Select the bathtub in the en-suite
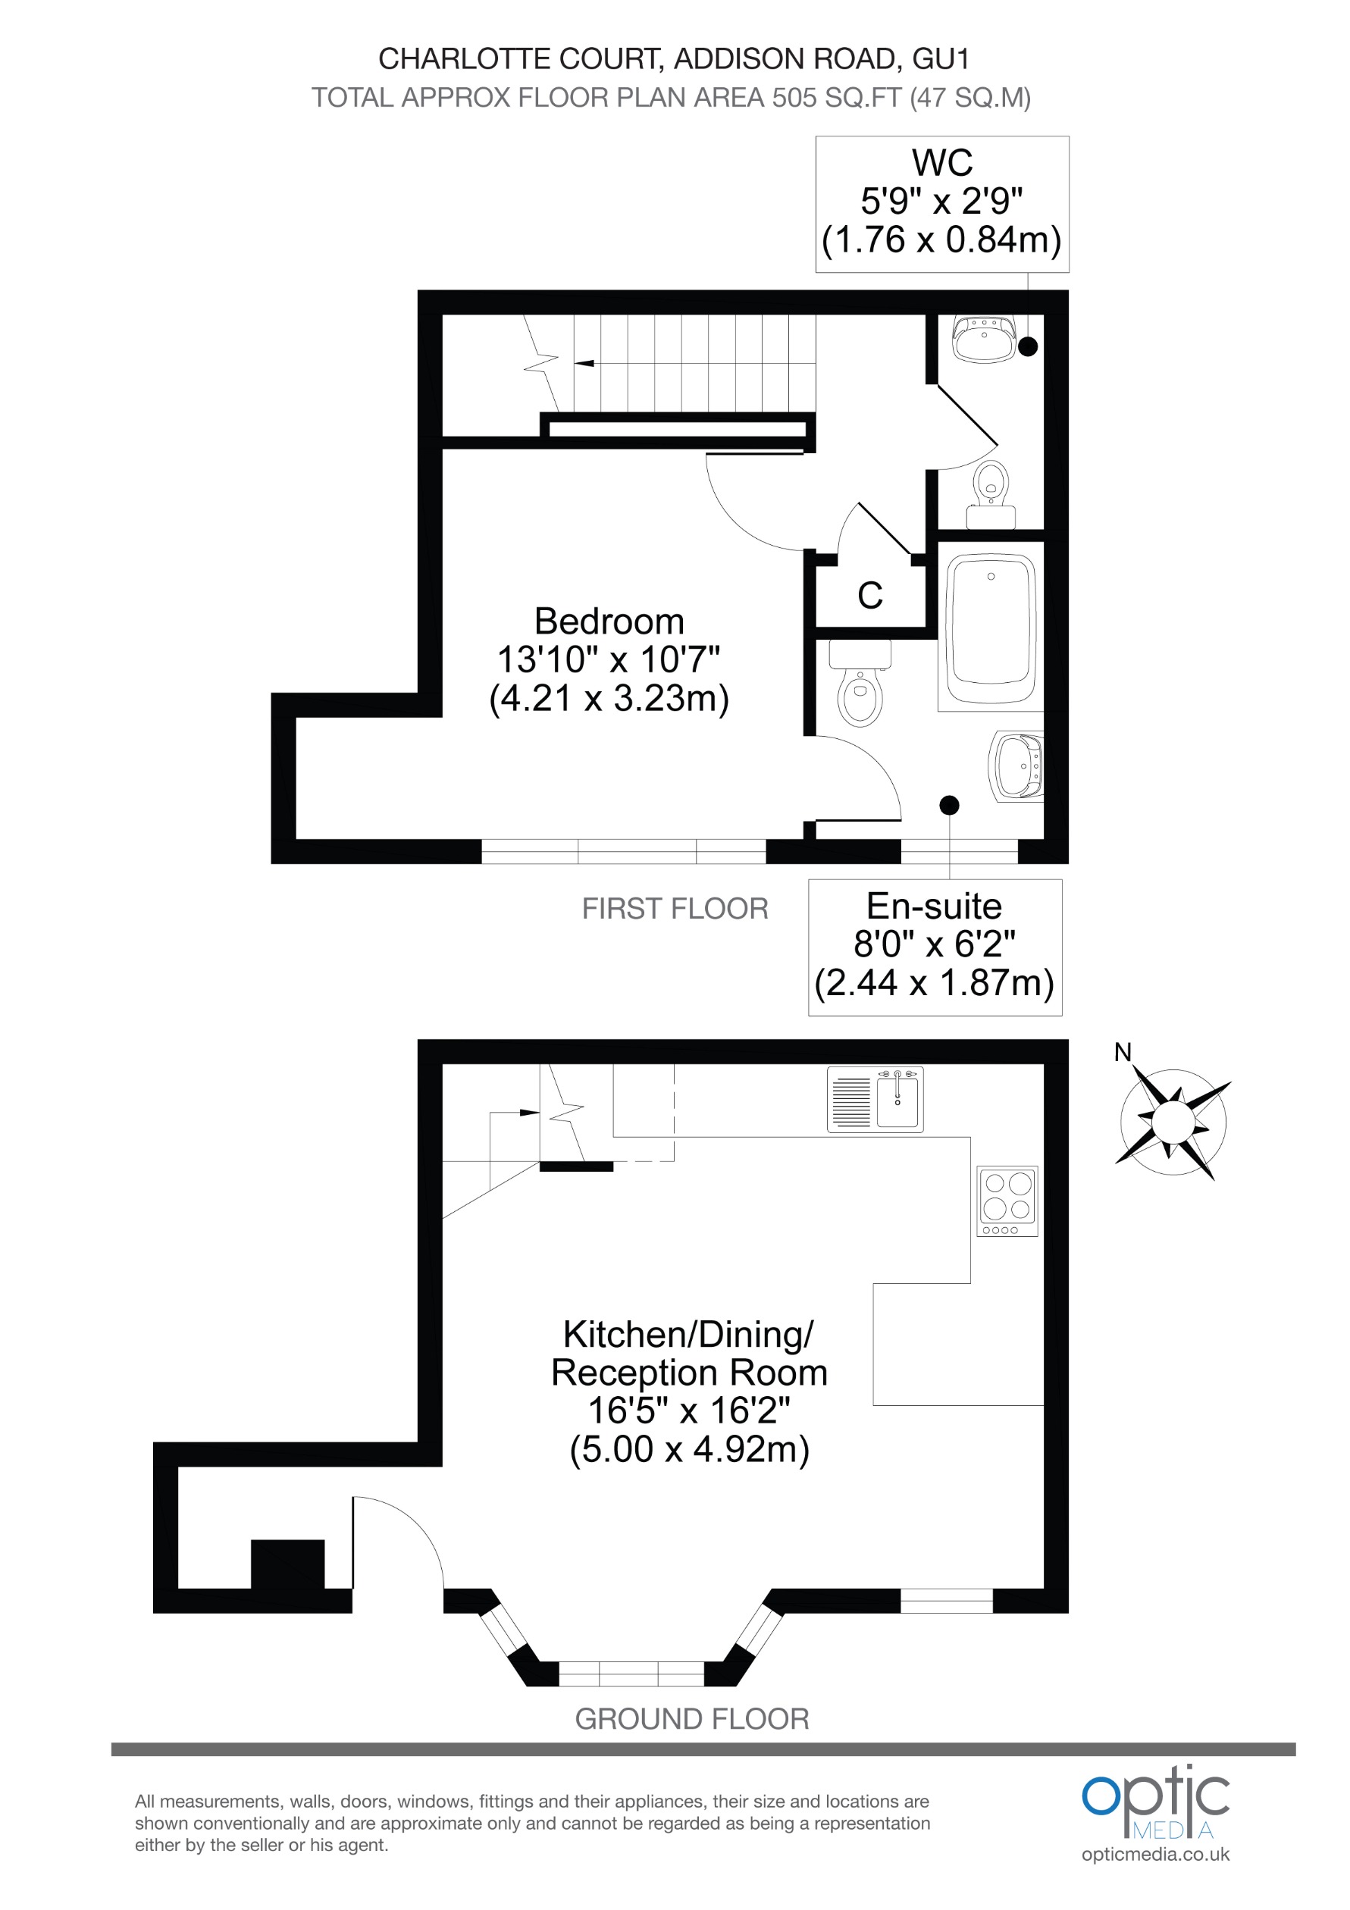pos(991,630)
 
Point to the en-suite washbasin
pos(1016,766)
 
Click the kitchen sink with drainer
pos(875,1100)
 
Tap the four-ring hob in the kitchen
pos(1007,1201)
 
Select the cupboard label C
pos(870,596)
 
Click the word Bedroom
pos(609,622)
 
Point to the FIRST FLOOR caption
pos(675,909)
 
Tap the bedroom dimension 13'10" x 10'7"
pos(609,659)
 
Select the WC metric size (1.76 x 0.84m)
pos(941,240)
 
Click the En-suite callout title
pos(934,906)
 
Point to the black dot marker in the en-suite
pos(949,805)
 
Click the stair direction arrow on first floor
pos(584,363)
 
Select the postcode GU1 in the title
pos(941,59)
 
